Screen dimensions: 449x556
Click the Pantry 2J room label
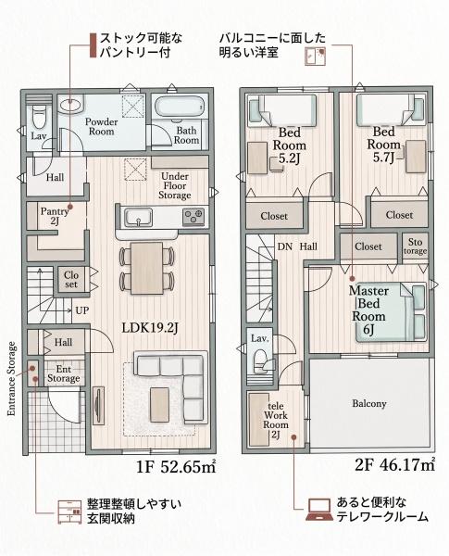[55, 216]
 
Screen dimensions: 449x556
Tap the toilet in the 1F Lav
[39, 115]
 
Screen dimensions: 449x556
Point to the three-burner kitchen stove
[193, 217]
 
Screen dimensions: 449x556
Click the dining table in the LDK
[147, 268]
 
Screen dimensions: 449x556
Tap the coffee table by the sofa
[160, 405]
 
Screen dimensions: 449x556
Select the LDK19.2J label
[150, 328]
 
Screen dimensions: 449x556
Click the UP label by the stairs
[81, 310]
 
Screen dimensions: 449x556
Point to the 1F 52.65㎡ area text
[176, 467]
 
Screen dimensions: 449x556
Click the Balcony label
[368, 403]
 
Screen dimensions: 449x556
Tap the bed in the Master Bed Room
[391, 312]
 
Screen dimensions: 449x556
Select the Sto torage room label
[415, 246]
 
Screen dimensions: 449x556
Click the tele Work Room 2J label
[276, 420]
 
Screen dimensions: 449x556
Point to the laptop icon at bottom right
[319, 510]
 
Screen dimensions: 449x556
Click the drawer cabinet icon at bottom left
[69, 512]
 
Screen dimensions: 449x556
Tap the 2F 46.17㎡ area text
[394, 465]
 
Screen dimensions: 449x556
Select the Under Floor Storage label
[175, 186]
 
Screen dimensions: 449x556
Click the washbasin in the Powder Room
[70, 105]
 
